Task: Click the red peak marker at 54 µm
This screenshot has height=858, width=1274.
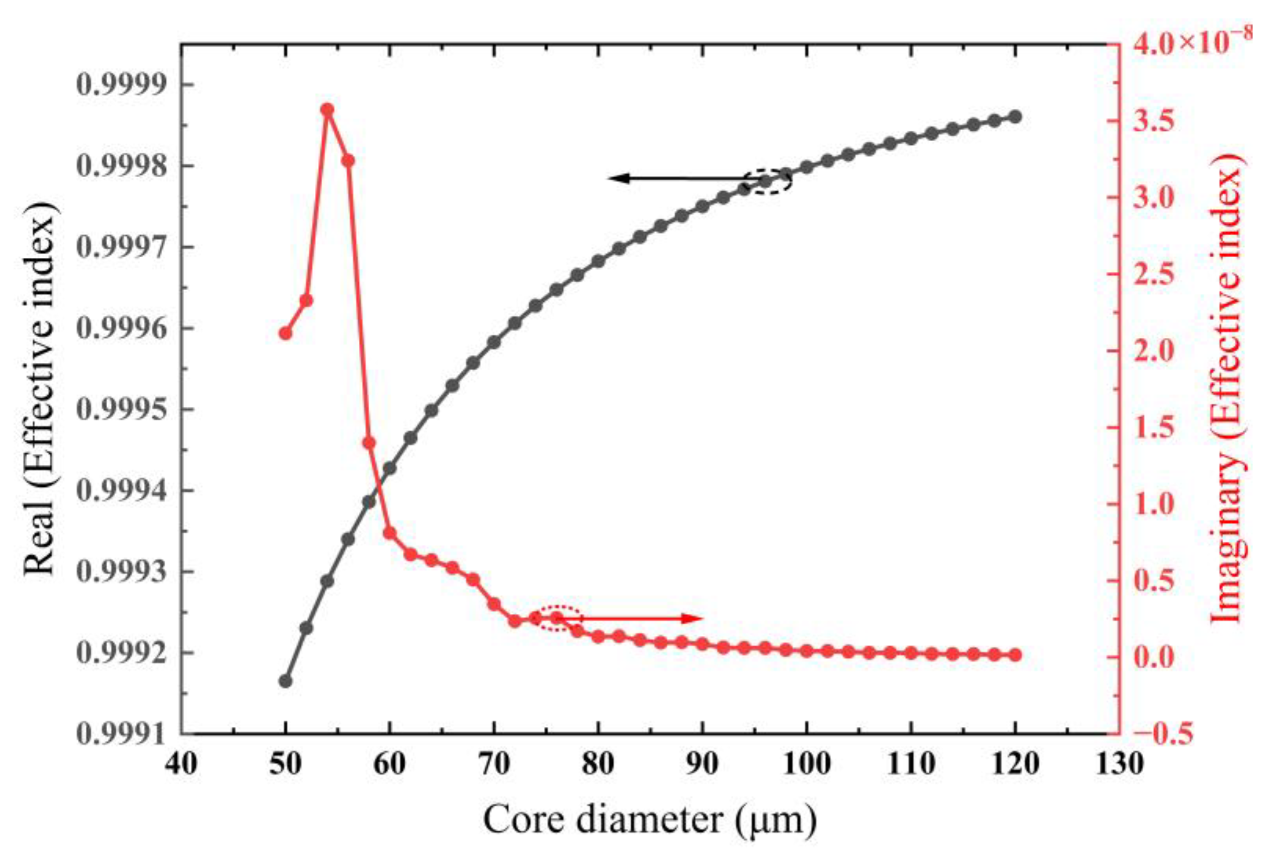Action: [327, 109]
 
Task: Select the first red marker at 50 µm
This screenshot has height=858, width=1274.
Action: [285, 333]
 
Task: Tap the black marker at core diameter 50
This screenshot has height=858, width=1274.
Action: [285, 681]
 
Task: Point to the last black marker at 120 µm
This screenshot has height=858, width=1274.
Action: [1015, 117]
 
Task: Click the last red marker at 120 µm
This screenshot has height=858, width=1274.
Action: [1015, 655]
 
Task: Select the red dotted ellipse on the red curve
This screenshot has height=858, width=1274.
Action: [556, 619]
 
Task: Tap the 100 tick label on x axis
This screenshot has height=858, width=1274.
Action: [806, 763]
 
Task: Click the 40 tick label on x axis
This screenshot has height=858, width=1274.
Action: [181, 763]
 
